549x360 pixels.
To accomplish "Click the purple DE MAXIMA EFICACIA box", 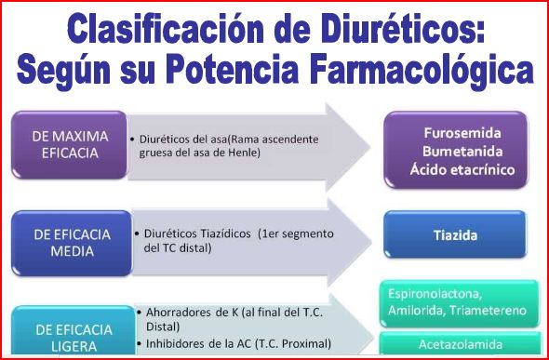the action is pos(70,145).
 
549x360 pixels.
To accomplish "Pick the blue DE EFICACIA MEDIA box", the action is pos(72,243).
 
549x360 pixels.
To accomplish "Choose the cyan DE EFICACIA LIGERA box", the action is pos(74,330).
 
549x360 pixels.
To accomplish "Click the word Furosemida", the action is pos(462,133).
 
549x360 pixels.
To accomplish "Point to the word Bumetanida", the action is pos(462,152).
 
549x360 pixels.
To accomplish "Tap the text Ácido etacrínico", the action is pos(462,169).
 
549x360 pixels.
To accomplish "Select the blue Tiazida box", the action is pos(455,234).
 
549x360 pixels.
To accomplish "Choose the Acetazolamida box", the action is pos(460,343).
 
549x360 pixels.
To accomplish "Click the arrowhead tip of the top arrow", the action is pos(370,147).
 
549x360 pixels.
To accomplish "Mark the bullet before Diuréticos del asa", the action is pos(132,140).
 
